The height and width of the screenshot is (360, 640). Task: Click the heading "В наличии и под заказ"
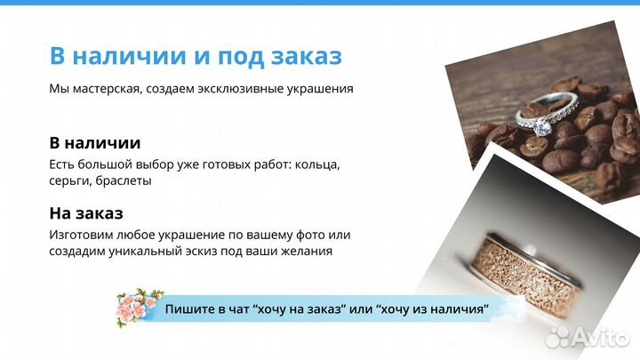[x=196, y=55]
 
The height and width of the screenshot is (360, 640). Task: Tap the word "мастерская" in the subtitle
[x=104, y=89]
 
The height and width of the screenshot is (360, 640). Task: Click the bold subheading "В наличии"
[x=94, y=143]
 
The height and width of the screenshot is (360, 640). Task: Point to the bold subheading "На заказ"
[x=86, y=213]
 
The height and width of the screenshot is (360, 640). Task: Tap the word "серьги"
[x=70, y=180]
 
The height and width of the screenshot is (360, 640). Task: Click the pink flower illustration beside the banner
[x=140, y=307]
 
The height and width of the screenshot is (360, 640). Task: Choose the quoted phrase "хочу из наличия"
[x=434, y=308]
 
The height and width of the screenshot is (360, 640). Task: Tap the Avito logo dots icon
[x=560, y=336]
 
